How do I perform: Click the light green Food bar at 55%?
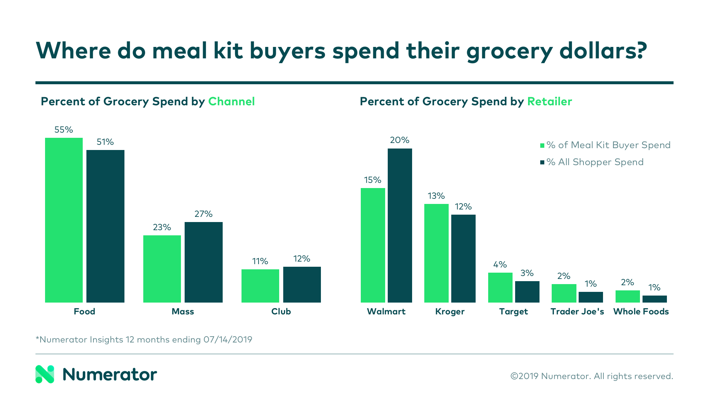click(x=64, y=220)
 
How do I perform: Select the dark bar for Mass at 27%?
click(x=203, y=262)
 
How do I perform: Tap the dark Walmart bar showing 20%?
click(x=400, y=225)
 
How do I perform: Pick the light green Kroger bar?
click(x=436, y=253)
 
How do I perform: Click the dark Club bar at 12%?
click(x=302, y=284)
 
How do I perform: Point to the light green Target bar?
click(x=500, y=287)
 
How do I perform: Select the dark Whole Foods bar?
click(x=654, y=299)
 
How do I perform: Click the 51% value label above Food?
click(x=105, y=142)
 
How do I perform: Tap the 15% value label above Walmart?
click(x=373, y=180)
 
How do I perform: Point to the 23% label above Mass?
click(x=162, y=228)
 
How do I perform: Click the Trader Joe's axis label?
click(x=577, y=312)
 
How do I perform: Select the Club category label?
click(x=281, y=312)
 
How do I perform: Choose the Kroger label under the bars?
click(x=450, y=312)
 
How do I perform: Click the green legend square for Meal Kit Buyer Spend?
click(x=542, y=146)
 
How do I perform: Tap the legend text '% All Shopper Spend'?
click(x=595, y=162)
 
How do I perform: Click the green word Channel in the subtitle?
click(x=231, y=102)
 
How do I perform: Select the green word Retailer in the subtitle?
click(x=549, y=102)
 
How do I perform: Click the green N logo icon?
click(x=45, y=374)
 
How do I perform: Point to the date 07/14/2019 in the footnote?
click(x=227, y=340)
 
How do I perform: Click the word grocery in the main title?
click(x=509, y=51)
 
